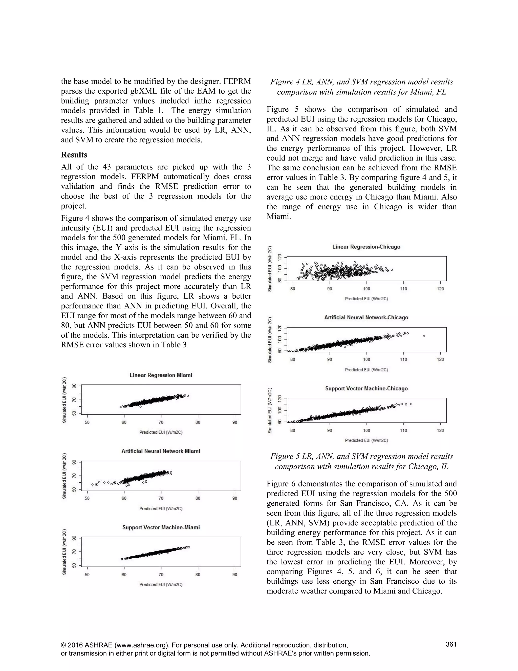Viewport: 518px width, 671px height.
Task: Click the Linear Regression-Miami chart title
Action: click(x=161, y=375)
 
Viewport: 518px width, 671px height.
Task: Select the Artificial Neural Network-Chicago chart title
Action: click(x=366, y=317)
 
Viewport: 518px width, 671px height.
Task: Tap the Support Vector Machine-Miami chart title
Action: click(x=161, y=527)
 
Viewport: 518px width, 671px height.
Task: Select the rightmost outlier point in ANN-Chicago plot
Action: click(x=424, y=336)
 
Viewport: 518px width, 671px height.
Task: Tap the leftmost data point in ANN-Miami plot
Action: click(x=92, y=484)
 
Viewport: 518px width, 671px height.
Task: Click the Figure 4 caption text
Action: click(x=361, y=87)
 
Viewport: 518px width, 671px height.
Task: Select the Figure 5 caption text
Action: click(x=361, y=461)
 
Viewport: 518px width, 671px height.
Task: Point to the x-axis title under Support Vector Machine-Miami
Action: click(x=161, y=584)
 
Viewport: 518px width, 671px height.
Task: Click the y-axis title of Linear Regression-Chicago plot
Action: click(x=270, y=269)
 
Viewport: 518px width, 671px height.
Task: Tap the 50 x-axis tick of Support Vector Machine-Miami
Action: click(x=87, y=575)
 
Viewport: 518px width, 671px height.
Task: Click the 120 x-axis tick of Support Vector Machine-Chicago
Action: click(x=440, y=430)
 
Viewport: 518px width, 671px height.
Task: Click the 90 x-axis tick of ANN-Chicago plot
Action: click(x=330, y=360)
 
